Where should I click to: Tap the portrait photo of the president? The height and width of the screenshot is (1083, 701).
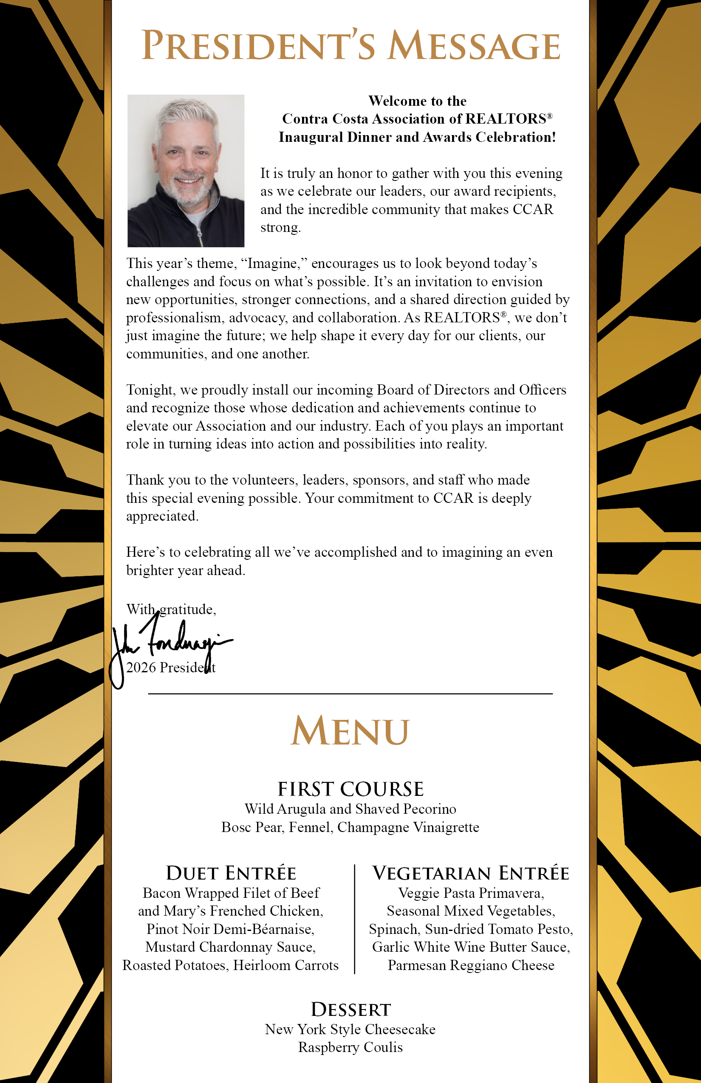tap(186, 171)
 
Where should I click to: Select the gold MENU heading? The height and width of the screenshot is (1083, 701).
tap(350, 731)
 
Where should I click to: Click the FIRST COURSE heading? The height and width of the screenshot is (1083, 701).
tap(350, 789)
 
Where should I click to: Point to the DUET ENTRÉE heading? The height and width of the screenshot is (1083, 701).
tap(231, 873)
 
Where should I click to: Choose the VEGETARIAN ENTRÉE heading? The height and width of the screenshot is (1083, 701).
tap(471, 873)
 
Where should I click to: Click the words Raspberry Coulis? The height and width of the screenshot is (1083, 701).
tap(350, 1047)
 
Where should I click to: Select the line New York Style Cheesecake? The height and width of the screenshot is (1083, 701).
tap(350, 1029)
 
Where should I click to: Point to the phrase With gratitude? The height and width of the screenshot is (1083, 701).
tap(171, 609)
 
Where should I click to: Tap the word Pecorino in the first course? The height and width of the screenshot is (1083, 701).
tap(430, 809)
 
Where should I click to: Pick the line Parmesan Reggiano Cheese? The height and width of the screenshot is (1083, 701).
tap(471, 965)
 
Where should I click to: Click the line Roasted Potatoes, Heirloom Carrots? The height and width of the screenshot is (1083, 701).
tap(231, 965)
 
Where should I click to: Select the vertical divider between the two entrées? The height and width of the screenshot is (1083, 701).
tap(355, 919)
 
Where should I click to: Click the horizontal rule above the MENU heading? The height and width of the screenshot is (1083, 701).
tap(350, 694)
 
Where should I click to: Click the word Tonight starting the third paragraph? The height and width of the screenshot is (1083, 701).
tap(151, 390)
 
